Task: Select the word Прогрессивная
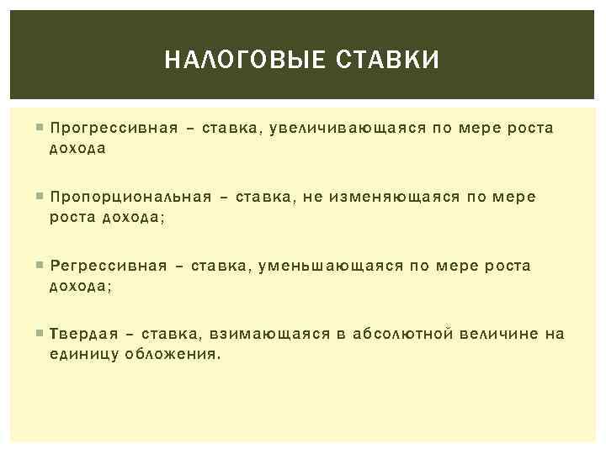coord(114,129)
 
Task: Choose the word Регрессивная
coord(109,266)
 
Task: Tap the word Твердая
coord(82,335)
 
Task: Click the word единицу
coord(84,353)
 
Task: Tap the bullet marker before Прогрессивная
coord(40,129)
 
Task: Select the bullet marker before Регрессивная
coord(40,266)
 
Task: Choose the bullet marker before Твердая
coord(40,335)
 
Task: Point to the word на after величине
coord(555,335)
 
